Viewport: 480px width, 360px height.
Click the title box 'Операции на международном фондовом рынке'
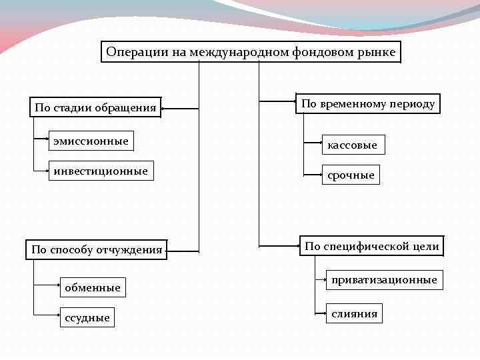coord(251,52)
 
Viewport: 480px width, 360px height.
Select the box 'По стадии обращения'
coord(96,107)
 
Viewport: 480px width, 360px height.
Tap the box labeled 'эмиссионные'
coord(91,141)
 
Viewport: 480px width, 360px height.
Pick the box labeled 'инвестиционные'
coord(101,171)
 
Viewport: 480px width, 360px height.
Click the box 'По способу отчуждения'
coord(97,250)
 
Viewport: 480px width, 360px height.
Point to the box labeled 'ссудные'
coord(87,318)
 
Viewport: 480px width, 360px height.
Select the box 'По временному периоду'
coord(368,103)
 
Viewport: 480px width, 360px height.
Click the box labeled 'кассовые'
coord(352,144)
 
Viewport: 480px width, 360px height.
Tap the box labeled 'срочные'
coord(351,175)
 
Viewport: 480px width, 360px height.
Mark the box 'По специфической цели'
coord(371,247)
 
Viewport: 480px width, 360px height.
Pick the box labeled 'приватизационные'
coord(384,280)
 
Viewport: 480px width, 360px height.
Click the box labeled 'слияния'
coord(354,313)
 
